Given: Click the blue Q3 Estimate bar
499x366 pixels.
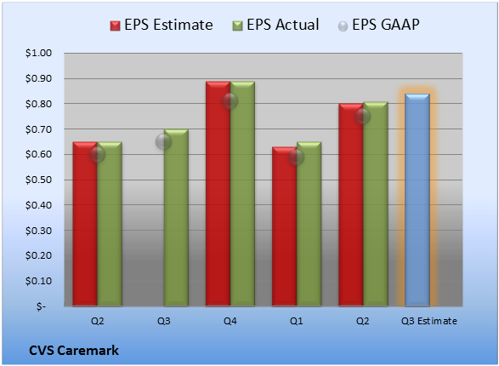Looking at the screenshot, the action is (417, 200).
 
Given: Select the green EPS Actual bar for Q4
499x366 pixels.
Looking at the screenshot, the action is (242, 194).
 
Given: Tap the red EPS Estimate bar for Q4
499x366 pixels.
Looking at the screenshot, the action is (218, 194).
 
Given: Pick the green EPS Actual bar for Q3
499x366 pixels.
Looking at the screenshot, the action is (176, 218).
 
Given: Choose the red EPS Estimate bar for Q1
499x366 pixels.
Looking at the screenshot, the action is (285, 226).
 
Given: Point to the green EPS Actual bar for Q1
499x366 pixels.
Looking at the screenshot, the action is (309, 224).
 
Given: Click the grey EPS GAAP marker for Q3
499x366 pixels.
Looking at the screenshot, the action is (163, 142).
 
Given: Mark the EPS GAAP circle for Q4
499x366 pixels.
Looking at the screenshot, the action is (230, 101).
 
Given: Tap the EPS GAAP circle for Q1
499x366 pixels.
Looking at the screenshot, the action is (297, 157).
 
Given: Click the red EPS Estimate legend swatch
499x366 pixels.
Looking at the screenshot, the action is (116, 26).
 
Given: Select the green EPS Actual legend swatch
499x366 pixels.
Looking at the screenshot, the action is (237, 26).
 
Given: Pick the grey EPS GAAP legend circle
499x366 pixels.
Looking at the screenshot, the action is (343, 26).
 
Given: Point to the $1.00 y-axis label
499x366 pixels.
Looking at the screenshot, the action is (38, 53).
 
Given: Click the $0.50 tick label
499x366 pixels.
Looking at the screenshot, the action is (38, 180).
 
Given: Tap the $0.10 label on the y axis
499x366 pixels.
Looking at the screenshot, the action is (38, 281).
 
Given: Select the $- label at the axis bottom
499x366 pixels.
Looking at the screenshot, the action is (41, 306).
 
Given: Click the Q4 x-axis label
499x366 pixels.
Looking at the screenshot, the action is (230, 321).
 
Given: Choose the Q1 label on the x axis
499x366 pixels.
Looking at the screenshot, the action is (297, 321).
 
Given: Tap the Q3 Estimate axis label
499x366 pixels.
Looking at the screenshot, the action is (429, 321).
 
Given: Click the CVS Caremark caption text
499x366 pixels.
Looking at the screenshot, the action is (74, 351).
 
